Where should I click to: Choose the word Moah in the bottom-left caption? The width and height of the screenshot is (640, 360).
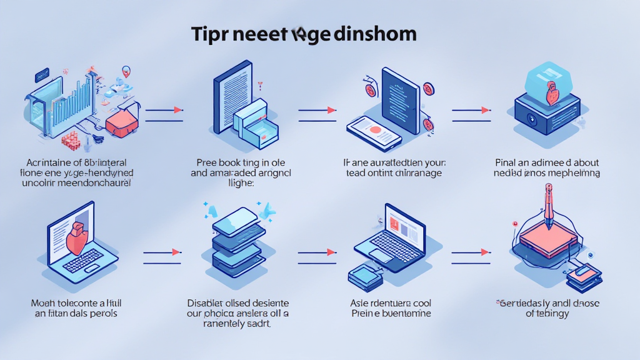tap(44, 302)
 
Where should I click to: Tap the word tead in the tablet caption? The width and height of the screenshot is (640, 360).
tap(356, 173)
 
